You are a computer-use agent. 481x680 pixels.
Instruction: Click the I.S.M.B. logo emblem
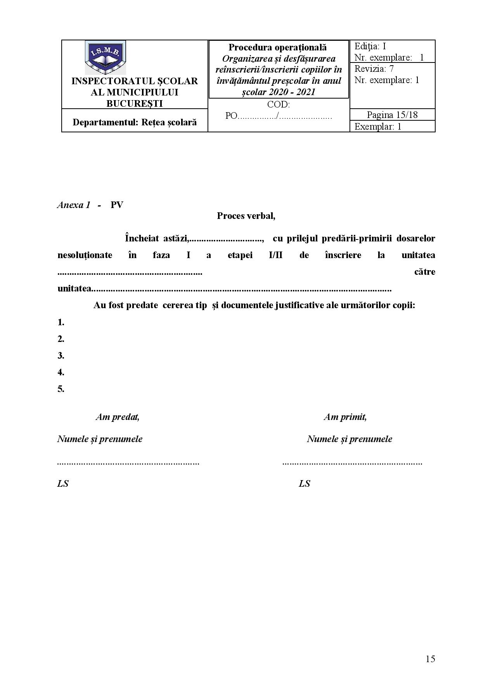point(105,57)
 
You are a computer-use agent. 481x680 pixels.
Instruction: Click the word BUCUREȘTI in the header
point(134,103)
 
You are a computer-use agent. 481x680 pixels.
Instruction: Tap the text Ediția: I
point(370,47)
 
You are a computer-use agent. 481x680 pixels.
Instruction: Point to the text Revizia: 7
point(374,69)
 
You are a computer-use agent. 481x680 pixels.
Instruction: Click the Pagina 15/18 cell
point(392,114)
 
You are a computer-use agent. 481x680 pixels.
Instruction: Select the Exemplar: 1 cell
point(378,127)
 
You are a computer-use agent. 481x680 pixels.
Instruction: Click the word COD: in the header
point(278,104)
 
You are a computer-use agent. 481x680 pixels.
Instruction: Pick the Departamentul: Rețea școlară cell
point(135,122)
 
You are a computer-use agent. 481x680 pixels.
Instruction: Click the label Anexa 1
point(74,205)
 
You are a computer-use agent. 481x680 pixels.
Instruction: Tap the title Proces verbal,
point(246,216)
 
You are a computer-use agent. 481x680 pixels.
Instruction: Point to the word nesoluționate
point(85,255)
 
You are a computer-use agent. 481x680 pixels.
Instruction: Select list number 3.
point(61,356)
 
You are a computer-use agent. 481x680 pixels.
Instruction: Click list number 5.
point(61,389)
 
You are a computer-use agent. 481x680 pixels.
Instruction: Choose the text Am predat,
point(118,417)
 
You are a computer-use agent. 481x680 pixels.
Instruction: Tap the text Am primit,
point(345,417)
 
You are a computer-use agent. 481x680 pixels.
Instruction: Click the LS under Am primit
point(304,484)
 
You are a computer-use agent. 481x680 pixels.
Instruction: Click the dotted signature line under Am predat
point(128,463)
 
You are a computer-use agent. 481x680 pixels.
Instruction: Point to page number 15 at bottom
point(430,659)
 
